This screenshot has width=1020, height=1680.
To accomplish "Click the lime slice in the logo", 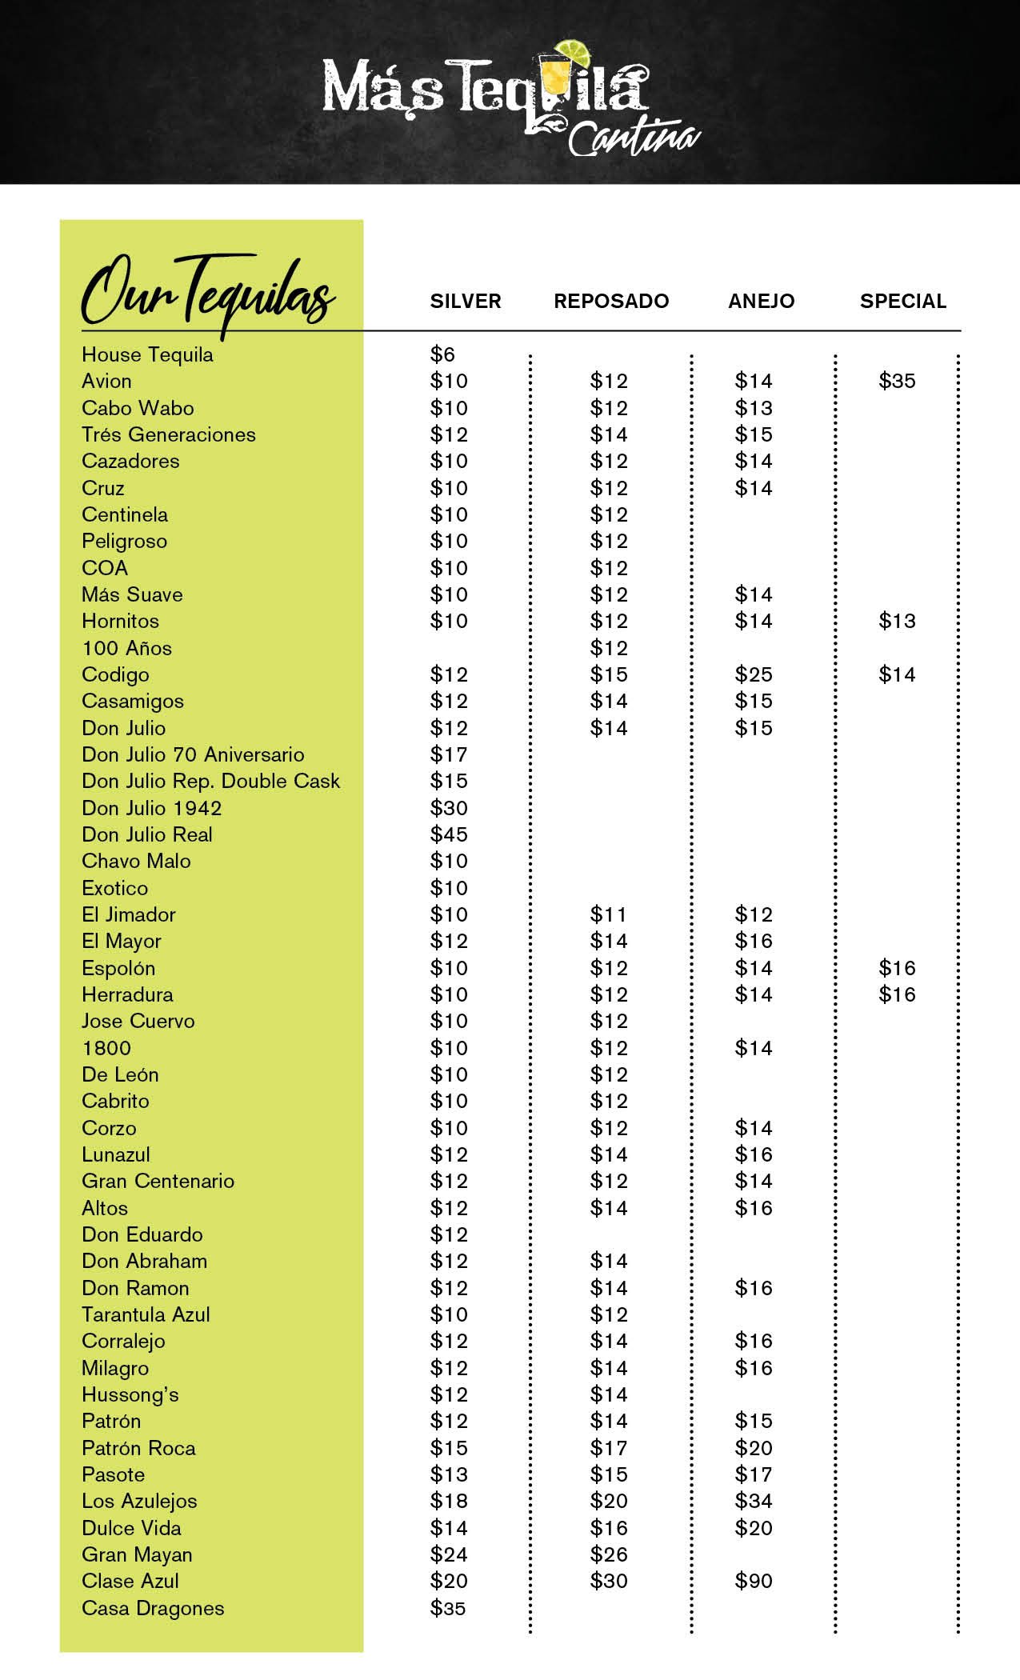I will pyautogui.click(x=574, y=52).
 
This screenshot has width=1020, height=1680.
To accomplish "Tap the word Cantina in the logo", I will pyautogui.click(x=634, y=138).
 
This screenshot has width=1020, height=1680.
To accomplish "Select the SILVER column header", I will pyautogui.click(x=466, y=302).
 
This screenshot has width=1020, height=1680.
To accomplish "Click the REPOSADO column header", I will pyautogui.click(x=611, y=302).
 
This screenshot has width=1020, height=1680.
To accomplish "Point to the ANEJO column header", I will pyautogui.click(x=761, y=302).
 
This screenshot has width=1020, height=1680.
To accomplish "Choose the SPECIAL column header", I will pyautogui.click(x=902, y=302).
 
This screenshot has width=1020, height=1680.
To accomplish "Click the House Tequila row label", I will pyautogui.click(x=147, y=354).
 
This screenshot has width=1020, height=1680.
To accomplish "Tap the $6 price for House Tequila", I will pyautogui.click(x=442, y=354).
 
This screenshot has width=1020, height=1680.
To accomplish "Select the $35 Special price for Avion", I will pyautogui.click(x=897, y=381).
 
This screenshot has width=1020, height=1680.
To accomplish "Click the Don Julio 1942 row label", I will pyautogui.click(x=151, y=808).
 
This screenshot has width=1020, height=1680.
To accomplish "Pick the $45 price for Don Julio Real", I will pyautogui.click(x=449, y=834).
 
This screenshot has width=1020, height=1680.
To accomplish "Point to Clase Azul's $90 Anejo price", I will pyautogui.click(x=754, y=1581).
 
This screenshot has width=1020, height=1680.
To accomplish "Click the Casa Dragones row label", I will pyautogui.click(x=153, y=1608).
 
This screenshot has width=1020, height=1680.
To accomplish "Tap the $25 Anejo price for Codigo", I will pyautogui.click(x=754, y=674).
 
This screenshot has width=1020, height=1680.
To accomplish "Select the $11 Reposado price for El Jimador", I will pyautogui.click(x=609, y=914).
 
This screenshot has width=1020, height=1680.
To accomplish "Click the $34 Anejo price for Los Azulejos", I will pyautogui.click(x=754, y=1501).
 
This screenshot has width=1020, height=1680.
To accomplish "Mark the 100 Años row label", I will pyautogui.click(x=126, y=648).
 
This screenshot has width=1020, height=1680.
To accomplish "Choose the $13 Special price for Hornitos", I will pyautogui.click(x=897, y=621).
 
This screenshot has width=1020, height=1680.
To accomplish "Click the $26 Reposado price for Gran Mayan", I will pyautogui.click(x=609, y=1554).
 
